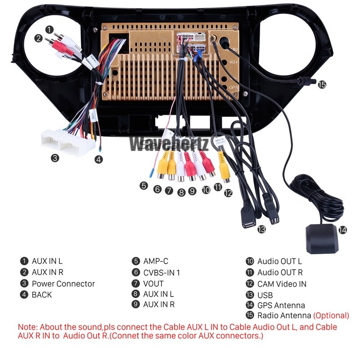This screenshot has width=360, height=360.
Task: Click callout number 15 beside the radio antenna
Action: (322, 85)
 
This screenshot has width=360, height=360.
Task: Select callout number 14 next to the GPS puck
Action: (343, 229)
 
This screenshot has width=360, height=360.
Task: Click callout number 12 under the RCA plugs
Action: (229, 193)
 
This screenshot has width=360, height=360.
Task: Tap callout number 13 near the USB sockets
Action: (261, 229)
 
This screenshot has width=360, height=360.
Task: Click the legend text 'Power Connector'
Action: (63, 284)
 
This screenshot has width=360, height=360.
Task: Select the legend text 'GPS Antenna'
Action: (281, 306)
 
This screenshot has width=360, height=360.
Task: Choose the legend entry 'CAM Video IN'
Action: (282, 283)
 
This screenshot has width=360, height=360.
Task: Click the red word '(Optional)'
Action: (331, 315)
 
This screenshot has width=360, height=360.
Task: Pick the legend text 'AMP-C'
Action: (155, 261)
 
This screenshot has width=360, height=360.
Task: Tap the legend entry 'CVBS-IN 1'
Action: (161, 272)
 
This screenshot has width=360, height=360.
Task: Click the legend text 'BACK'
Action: (41, 295)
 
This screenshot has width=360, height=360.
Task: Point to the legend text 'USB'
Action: (265, 295)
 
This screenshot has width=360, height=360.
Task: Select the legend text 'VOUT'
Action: (153, 283)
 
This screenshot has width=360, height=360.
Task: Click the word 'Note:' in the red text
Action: (28, 327)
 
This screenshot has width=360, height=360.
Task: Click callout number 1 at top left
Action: (49, 28)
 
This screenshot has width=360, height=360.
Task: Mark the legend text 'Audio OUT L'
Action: (279, 261)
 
